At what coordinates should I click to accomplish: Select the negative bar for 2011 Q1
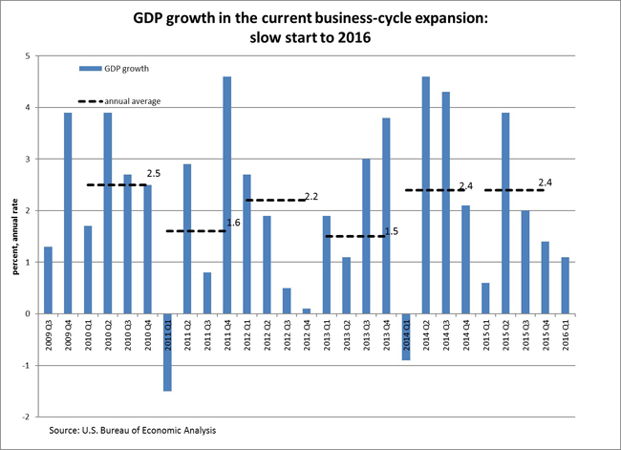(167, 352)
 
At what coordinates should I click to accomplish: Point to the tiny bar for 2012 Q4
(307, 311)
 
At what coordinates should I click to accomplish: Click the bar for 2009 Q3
(48, 280)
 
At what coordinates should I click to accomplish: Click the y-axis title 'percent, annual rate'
(15, 237)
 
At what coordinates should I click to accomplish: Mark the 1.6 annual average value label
(233, 224)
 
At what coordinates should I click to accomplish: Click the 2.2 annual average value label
(310, 197)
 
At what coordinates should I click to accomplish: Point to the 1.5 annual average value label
(391, 231)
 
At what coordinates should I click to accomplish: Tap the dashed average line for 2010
(117, 184)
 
